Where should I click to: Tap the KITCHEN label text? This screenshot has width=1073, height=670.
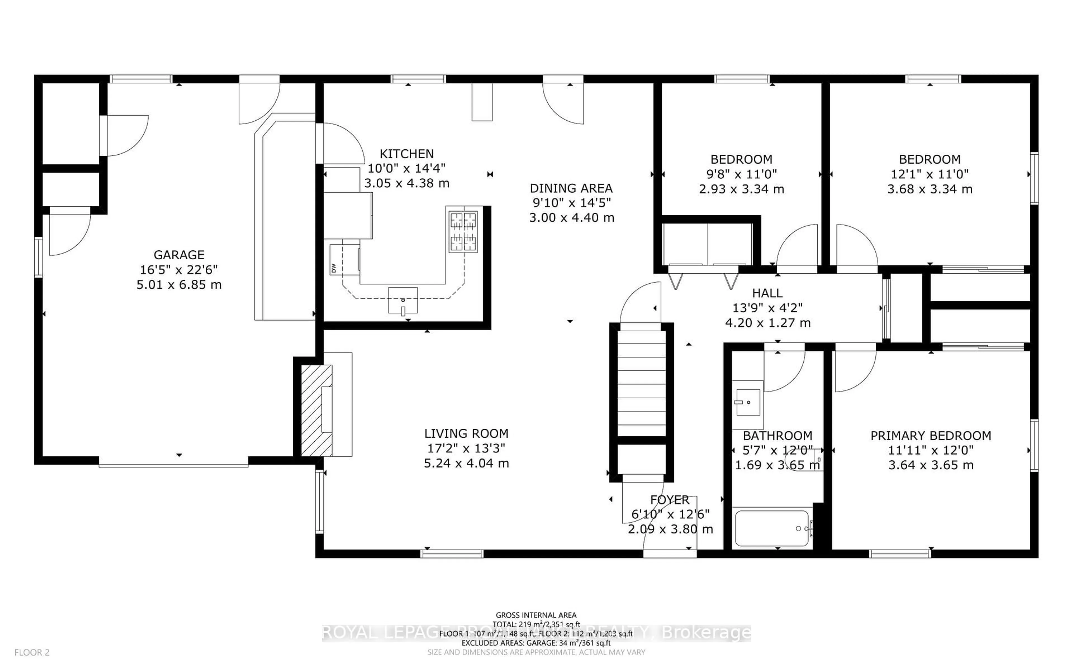(407, 154)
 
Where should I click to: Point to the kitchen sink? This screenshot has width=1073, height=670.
(403, 300)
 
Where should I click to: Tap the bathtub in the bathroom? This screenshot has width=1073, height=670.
(771, 528)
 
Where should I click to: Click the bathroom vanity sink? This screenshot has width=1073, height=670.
(748, 402)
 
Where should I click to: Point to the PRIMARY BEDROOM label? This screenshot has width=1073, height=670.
(931, 435)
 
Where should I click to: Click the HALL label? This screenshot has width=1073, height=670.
(767, 293)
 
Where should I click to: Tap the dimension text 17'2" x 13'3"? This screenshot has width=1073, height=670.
(466, 448)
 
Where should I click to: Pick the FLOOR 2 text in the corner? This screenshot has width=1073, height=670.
(32, 652)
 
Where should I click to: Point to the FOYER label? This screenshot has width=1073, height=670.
(670, 500)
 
